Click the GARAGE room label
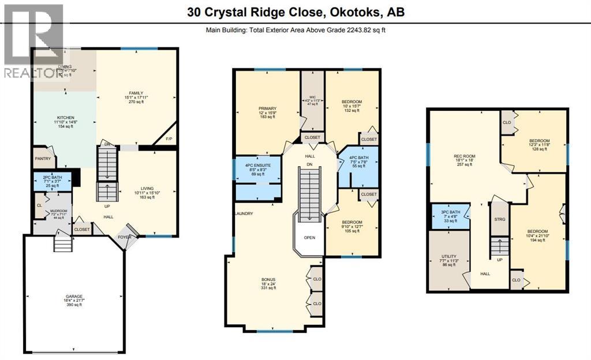click(x=73, y=294)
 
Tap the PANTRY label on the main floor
click(x=43, y=159)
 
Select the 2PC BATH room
click(x=52, y=181)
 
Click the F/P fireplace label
click(x=169, y=139)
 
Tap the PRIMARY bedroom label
click(x=267, y=108)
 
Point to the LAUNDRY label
click(x=243, y=213)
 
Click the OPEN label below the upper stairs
click(x=310, y=238)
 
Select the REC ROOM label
click(x=463, y=155)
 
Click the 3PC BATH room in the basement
click(x=449, y=216)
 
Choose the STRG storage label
click(x=500, y=219)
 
